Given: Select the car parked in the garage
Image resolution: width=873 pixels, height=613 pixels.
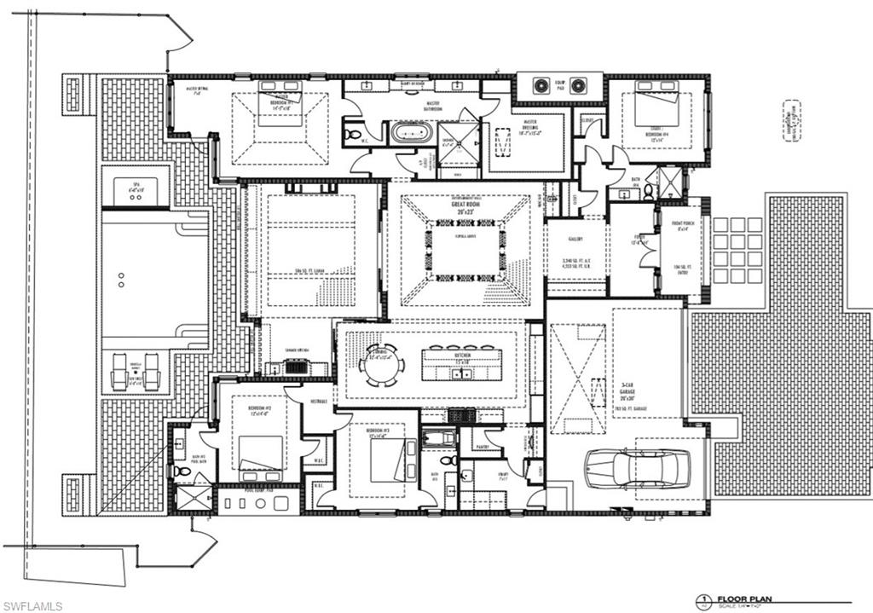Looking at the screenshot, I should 632,468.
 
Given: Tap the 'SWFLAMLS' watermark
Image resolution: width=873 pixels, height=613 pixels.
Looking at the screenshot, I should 32,606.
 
